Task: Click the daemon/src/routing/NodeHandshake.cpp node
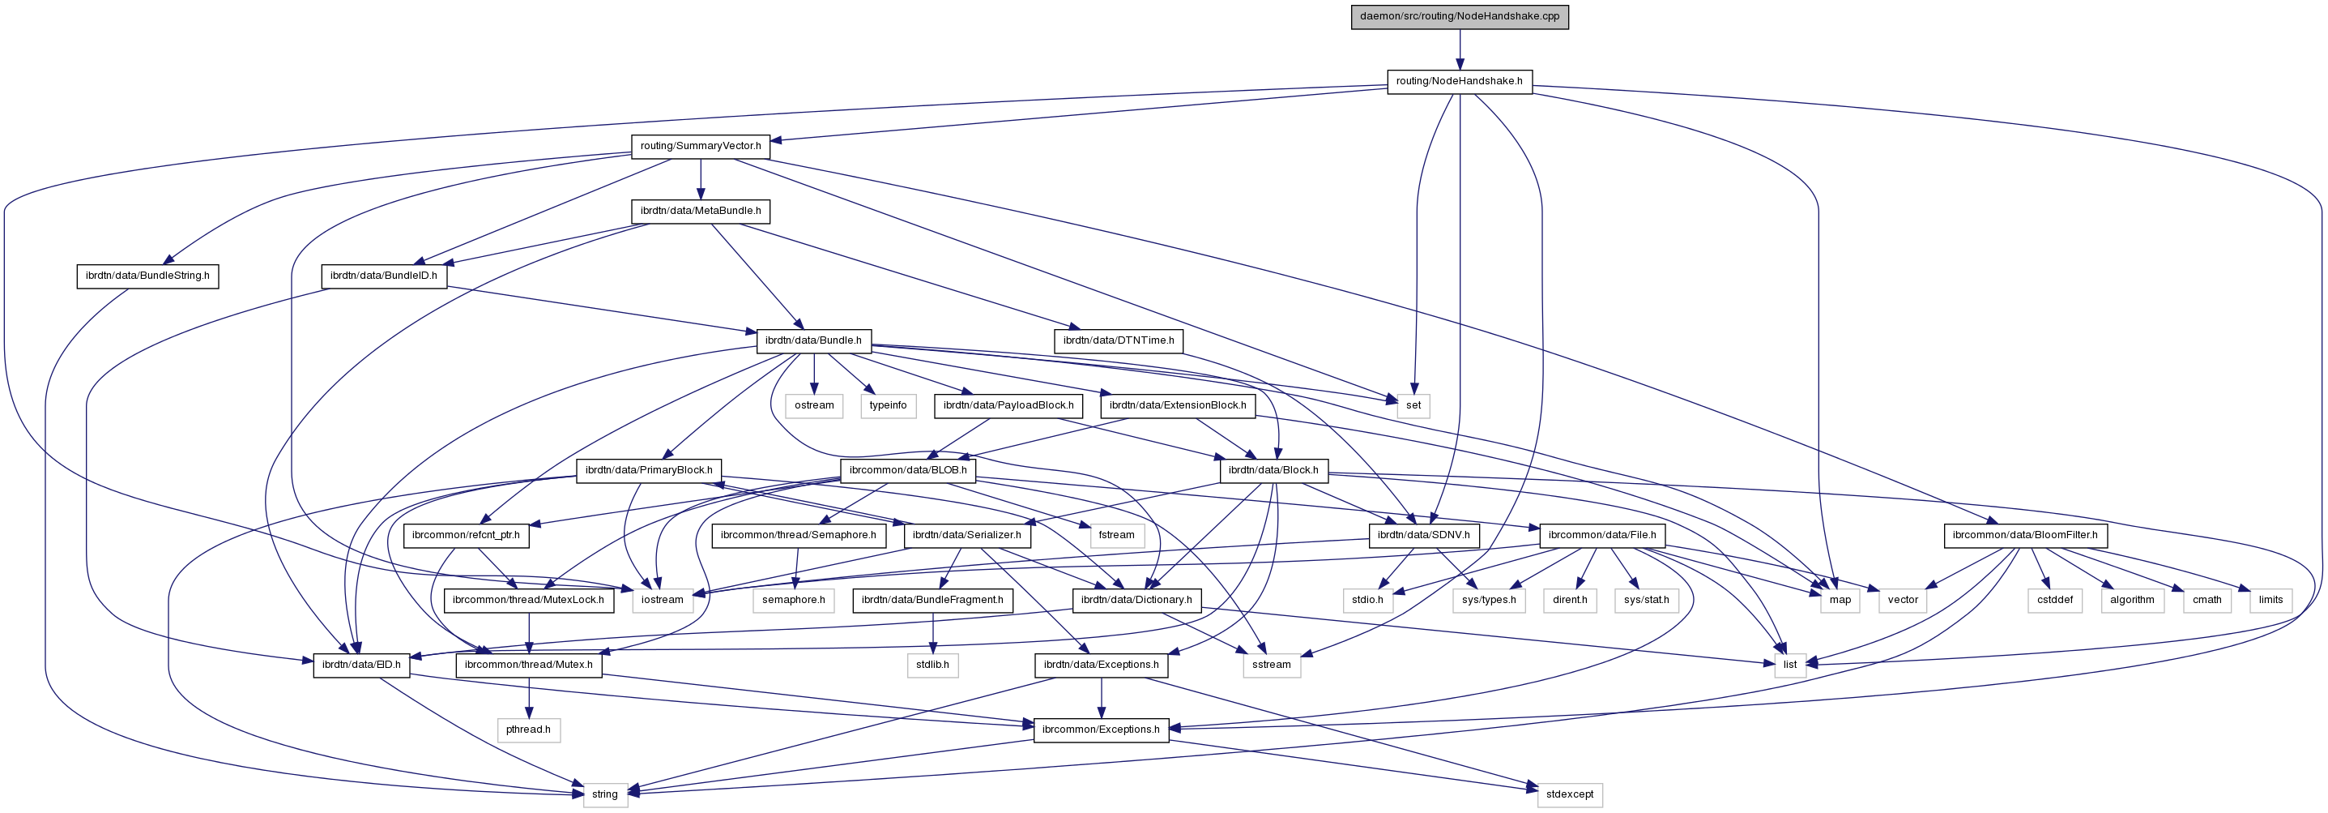1459,16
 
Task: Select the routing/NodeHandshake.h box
1459,81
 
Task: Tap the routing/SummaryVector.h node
701,146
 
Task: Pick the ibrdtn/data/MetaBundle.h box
701,211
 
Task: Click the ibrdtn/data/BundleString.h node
147,276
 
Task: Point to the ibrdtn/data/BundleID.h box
383,276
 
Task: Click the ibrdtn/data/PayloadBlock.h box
1008,405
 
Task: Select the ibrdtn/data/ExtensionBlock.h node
1177,405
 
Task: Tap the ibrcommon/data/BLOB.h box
907,470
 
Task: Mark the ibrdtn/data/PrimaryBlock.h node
648,470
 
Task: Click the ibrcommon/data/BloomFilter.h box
2024,535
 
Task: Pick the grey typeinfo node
888,405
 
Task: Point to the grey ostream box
813,405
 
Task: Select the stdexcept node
1569,794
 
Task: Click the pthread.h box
528,729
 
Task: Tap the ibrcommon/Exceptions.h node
1100,729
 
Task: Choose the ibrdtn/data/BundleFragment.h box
932,600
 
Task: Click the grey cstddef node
2054,600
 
